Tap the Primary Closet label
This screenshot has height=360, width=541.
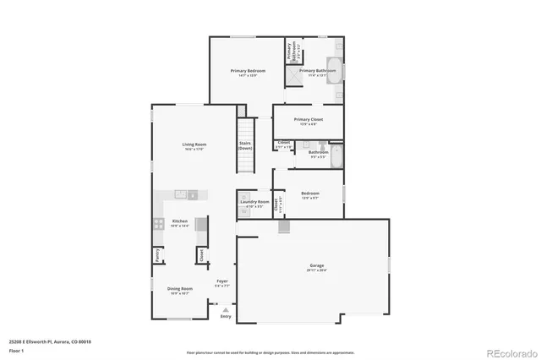[309, 120]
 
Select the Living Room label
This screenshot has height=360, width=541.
[194, 145]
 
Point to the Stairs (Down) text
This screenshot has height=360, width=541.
[245, 145]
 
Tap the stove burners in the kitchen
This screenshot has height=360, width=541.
[158, 225]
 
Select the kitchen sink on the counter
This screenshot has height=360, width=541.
[181, 195]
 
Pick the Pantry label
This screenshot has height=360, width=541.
[157, 254]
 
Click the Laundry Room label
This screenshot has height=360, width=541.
[255, 202]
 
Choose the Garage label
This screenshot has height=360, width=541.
[315, 267]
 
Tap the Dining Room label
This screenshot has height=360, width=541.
[180, 288]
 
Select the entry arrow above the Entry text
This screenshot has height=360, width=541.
[224, 309]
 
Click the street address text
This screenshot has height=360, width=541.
[50, 342]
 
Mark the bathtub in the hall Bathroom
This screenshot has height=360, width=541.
[336, 157]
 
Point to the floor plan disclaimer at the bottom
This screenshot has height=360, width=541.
[270, 352]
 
